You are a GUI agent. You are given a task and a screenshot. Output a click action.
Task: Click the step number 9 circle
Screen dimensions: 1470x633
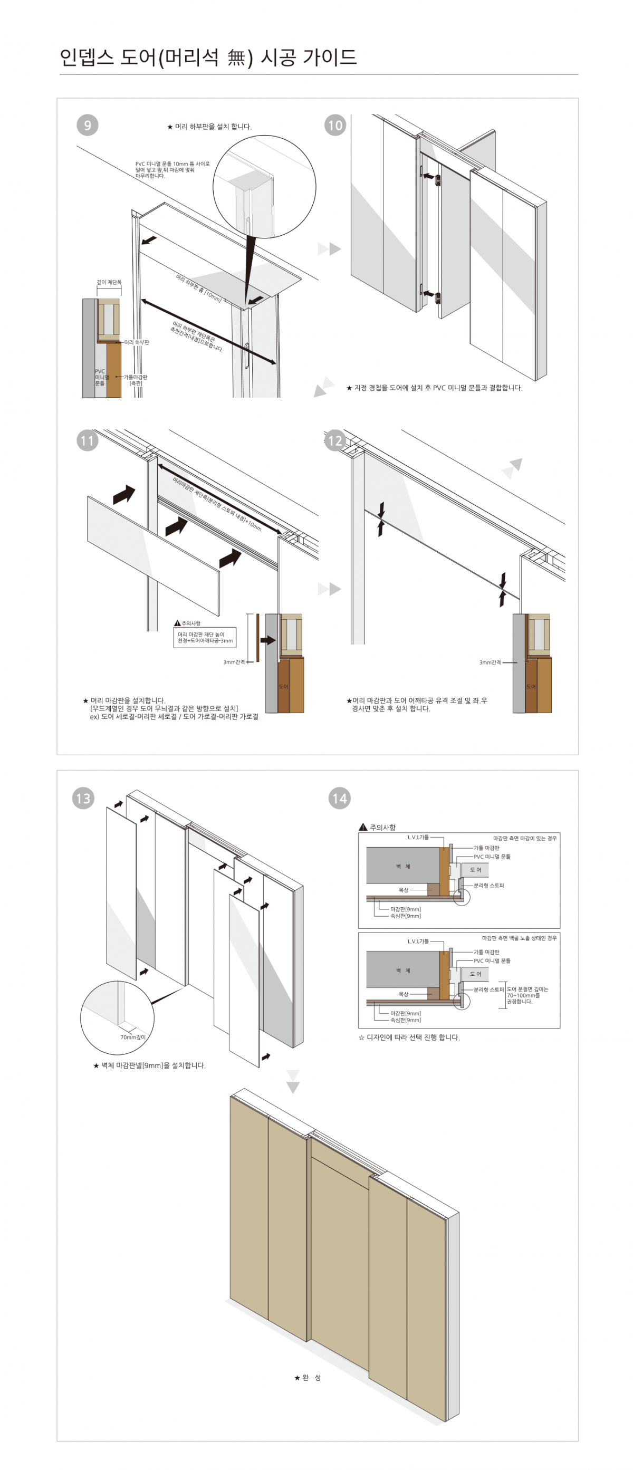click(88, 125)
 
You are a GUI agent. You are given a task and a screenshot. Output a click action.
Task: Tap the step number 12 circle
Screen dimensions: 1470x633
click(335, 440)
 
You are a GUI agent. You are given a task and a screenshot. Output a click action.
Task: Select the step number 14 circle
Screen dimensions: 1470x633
click(340, 799)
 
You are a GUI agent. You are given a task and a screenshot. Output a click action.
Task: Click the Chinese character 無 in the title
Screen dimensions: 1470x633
click(236, 57)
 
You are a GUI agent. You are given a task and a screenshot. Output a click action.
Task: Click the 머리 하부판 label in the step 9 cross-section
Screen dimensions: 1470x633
click(137, 342)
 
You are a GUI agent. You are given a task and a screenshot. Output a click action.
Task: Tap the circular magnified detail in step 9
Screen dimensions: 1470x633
click(264, 187)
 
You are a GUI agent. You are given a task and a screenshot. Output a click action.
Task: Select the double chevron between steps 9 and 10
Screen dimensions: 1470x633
click(329, 249)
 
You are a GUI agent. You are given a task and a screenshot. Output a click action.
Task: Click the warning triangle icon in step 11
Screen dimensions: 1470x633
click(178, 623)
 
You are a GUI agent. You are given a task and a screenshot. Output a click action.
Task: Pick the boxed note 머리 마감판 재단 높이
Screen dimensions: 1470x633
click(204, 637)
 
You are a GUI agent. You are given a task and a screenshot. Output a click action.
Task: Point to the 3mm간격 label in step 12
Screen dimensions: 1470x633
click(490, 662)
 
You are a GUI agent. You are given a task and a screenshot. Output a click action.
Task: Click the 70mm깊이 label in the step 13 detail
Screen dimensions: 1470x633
click(133, 1037)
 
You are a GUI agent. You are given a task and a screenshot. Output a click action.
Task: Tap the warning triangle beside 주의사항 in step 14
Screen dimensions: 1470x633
click(363, 828)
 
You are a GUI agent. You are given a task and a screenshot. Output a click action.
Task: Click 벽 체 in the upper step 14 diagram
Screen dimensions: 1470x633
click(404, 866)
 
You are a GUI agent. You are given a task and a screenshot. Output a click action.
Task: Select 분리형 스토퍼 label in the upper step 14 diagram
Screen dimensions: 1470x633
click(488, 886)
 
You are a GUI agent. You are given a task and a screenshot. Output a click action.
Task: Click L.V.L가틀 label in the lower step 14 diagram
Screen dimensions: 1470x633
click(418, 941)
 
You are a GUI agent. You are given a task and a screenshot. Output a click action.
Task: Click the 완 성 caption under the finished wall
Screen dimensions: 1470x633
click(308, 1378)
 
